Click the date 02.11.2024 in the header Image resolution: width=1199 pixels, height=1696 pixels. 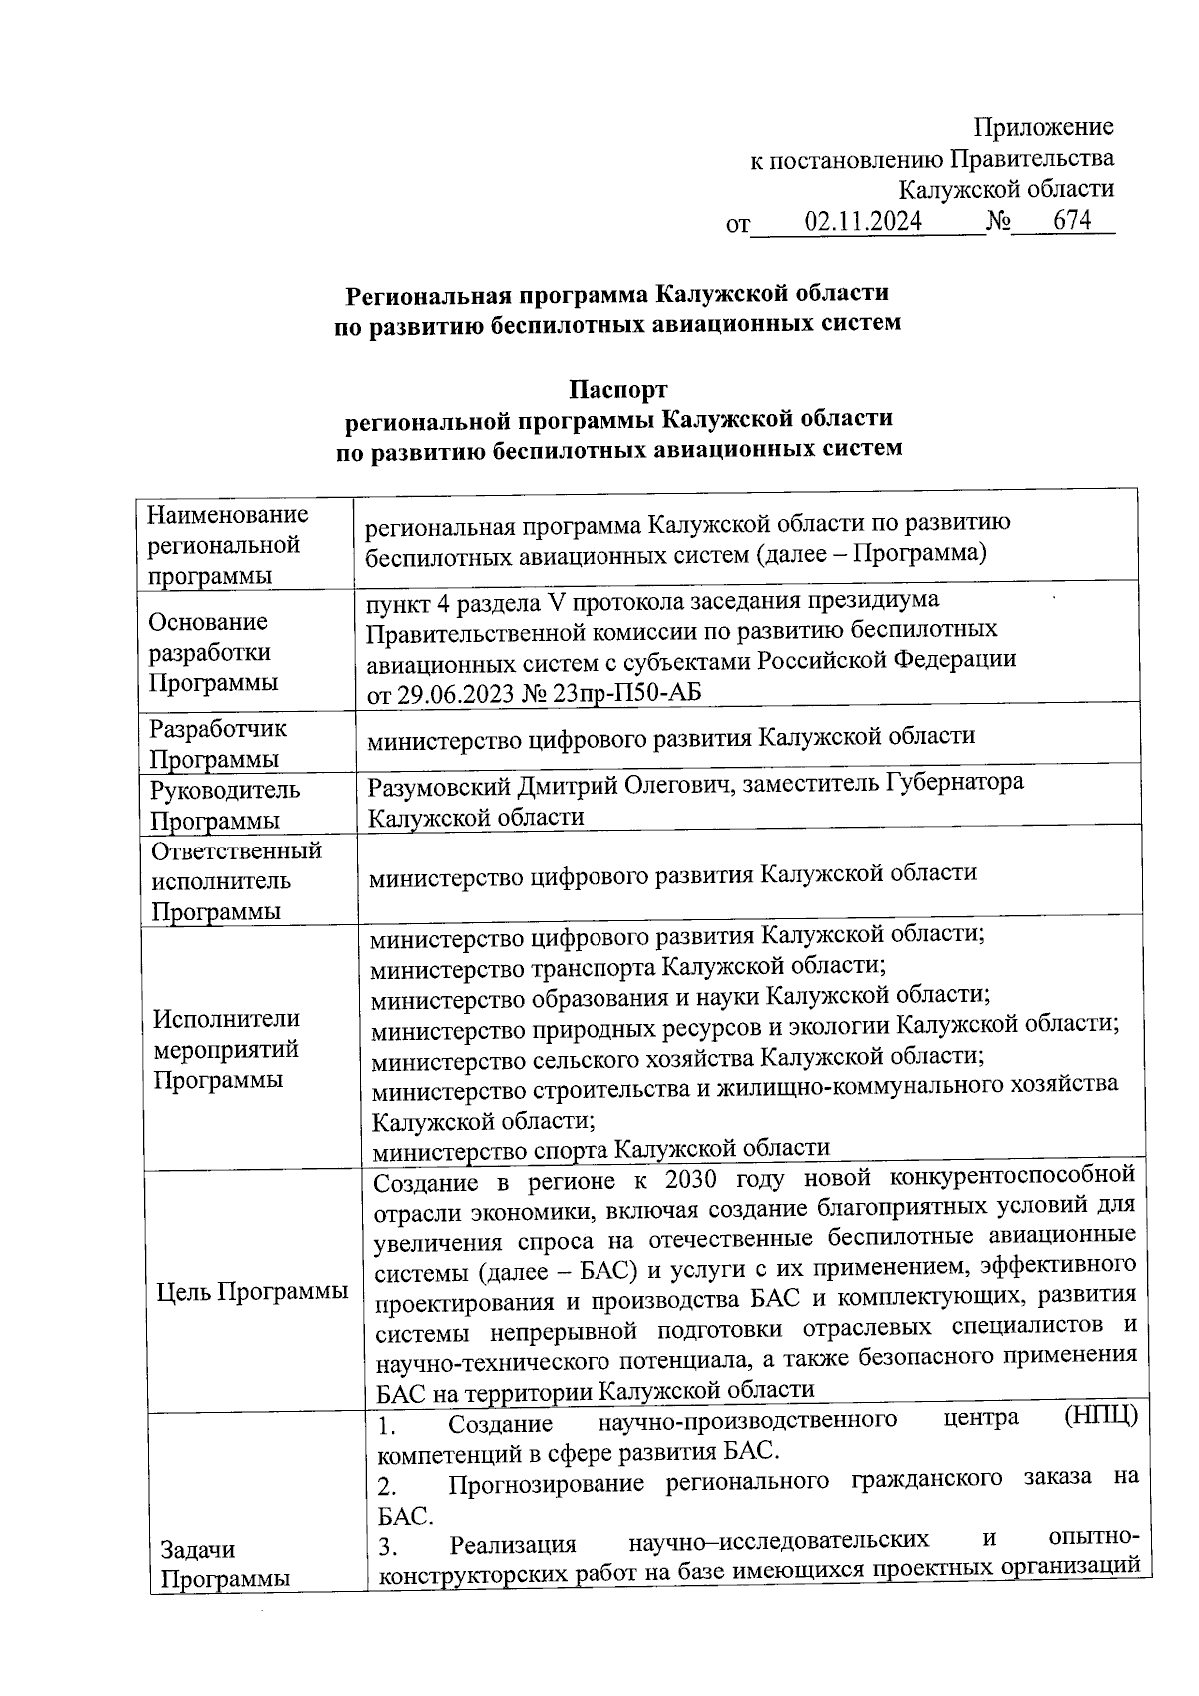[x=863, y=221]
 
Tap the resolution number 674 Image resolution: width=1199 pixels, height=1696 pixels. [x=1072, y=220]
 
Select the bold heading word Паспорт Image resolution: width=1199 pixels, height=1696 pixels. [x=617, y=388]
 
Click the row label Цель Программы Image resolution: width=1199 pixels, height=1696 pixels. [x=253, y=1291]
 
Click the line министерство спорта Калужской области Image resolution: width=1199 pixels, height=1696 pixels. [x=600, y=1149]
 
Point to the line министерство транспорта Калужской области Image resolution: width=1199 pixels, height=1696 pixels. [x=628, y=967]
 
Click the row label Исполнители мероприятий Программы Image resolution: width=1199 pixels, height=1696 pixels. [x=225, y=1049]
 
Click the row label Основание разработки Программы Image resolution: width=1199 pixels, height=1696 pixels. [x=210, y=652]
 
